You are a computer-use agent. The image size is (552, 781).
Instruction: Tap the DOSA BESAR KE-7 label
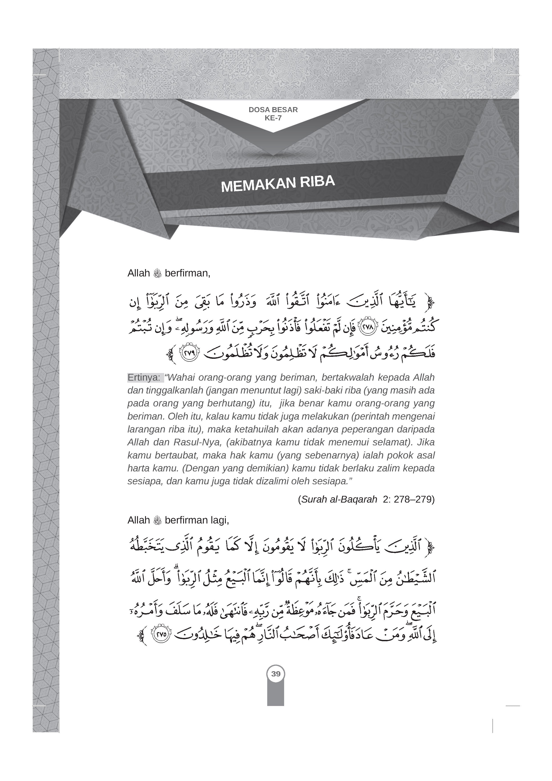pos(273,114)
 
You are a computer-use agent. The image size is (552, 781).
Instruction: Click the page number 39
pos(276,673)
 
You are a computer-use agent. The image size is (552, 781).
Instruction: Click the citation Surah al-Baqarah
pos(340,499)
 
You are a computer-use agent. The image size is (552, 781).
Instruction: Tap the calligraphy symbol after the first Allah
pos(157,274)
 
